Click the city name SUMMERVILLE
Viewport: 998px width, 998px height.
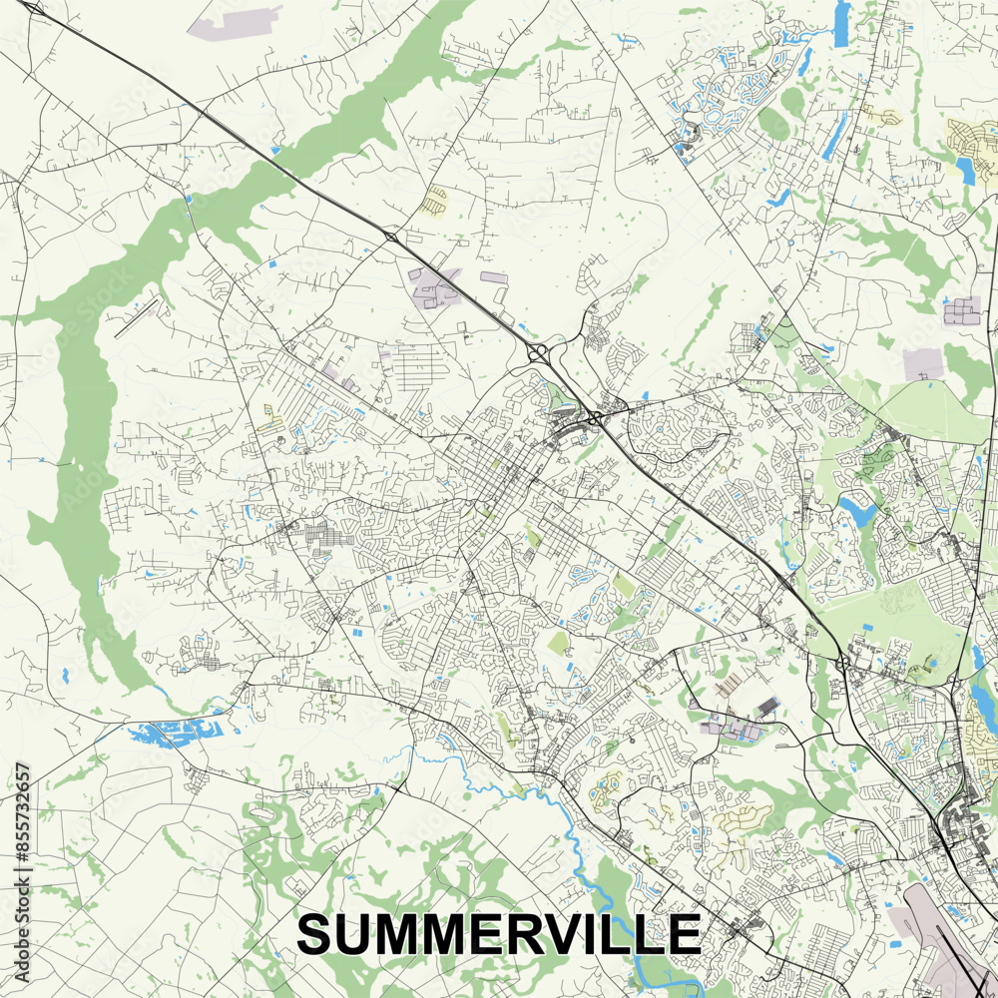click(x=498, y=935)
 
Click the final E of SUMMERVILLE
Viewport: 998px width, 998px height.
click(x=685, y=935)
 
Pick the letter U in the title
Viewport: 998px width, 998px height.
click(x=352, y=935)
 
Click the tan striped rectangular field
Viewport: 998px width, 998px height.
click(x=729, y=684)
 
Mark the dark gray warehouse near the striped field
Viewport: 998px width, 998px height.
click(x=767, y=707)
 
